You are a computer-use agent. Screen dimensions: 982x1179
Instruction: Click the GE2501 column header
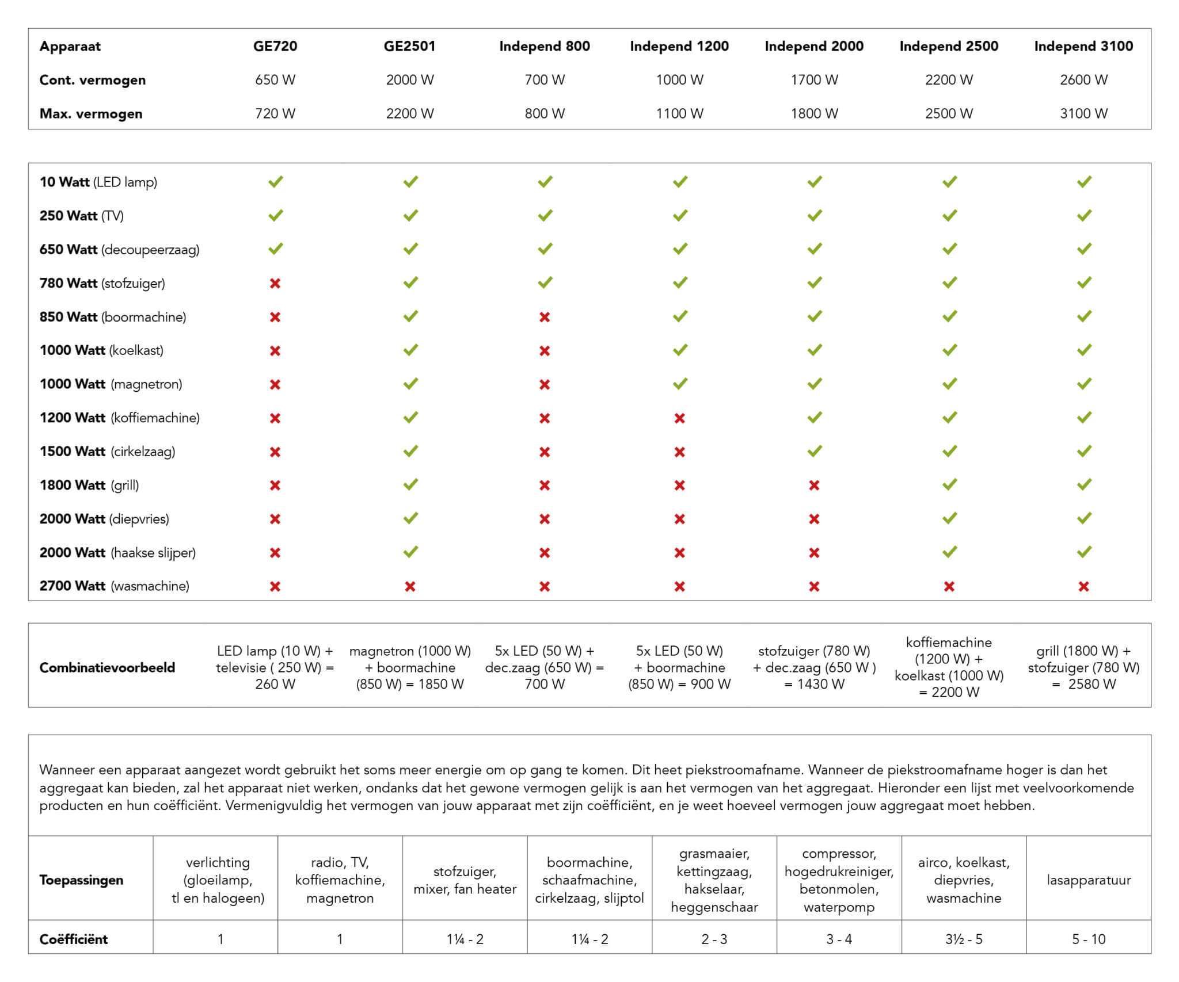coord(409,46)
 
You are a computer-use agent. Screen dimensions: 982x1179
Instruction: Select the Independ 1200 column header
coord(679,46)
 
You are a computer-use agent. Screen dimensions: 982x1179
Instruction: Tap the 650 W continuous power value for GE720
coord(275,80)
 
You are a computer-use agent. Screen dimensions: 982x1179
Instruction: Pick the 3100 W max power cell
coord(1083,113)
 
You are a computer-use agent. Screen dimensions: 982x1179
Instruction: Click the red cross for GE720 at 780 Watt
coord(275,283)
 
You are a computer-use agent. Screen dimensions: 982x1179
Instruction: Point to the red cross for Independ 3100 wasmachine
coord(1083,586)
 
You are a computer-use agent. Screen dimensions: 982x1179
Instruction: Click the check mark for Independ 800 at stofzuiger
coord(545,282)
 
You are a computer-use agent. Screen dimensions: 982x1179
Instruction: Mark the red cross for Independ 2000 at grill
coord(814,485)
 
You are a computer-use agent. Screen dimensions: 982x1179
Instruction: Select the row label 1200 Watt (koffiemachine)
coord(119,418)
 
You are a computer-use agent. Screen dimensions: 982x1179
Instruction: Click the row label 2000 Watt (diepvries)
coord(104,519)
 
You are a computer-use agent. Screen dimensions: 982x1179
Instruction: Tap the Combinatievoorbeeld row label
coord(107,667)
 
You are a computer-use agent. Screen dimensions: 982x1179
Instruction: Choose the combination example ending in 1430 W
coord(814,667)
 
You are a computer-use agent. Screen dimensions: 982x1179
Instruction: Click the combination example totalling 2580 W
coord(1083,667)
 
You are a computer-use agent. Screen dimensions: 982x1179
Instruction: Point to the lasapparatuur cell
coord(1088,880)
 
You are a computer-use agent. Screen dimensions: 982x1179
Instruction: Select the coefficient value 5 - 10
coord(1088,939)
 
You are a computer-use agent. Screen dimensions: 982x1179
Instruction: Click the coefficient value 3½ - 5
coord(964,939)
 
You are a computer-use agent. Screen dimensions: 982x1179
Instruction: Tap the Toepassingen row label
coord(81,880)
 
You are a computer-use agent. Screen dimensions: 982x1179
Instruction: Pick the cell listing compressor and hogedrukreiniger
coord(839,880)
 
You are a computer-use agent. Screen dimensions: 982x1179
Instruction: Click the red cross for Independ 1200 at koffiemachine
coord(679,418)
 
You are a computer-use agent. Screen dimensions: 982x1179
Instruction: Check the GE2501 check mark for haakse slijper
coord(410,552)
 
